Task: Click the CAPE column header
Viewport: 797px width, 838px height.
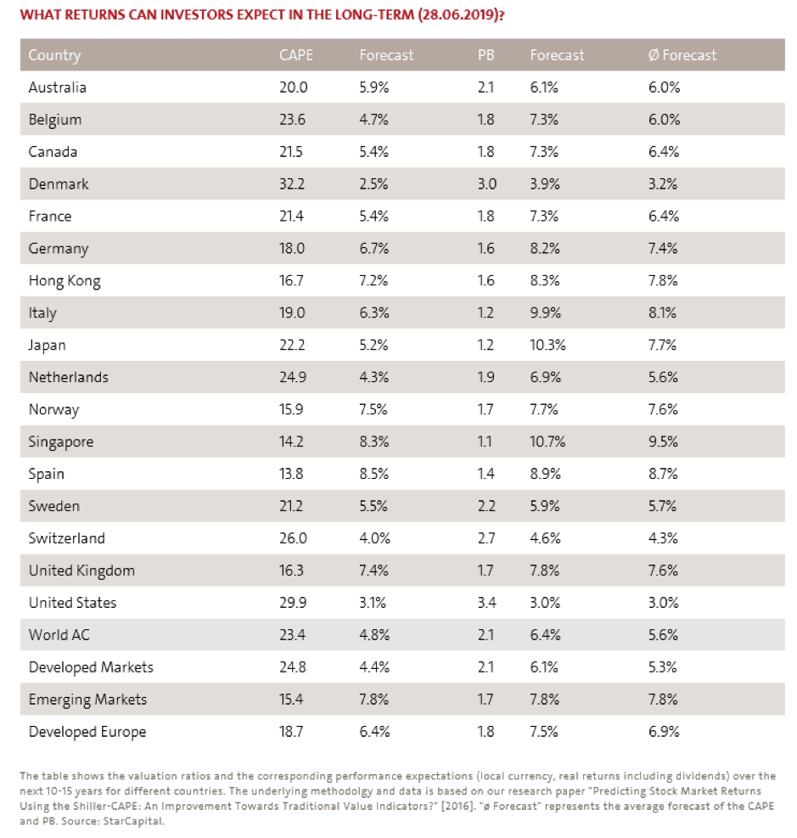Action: click(295, 55)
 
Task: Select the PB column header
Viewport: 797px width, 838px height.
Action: click(485, 55)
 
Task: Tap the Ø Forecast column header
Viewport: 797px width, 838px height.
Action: click(682, 55)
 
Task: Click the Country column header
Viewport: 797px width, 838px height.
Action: click(54, 55)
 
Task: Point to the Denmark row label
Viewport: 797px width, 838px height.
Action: click(59, 184)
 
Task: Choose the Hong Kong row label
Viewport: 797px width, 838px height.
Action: click(65, 281)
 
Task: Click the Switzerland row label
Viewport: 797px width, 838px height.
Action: click(67, 538)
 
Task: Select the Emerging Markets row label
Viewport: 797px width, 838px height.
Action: click(87, 700)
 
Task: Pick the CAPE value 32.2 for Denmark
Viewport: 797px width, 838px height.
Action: click(292, 184)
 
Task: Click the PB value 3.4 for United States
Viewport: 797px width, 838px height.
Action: click(485, 603)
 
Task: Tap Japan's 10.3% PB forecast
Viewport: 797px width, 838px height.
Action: click(547, 346)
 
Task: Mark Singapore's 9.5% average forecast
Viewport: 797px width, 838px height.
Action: click(663, 442)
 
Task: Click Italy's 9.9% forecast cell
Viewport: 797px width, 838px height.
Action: click(544, 313)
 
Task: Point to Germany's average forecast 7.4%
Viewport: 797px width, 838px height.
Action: click(663, 249)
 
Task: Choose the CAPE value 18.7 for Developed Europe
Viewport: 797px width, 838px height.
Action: click(292, 732)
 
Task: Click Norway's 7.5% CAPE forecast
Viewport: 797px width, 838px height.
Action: click(373, 409)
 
